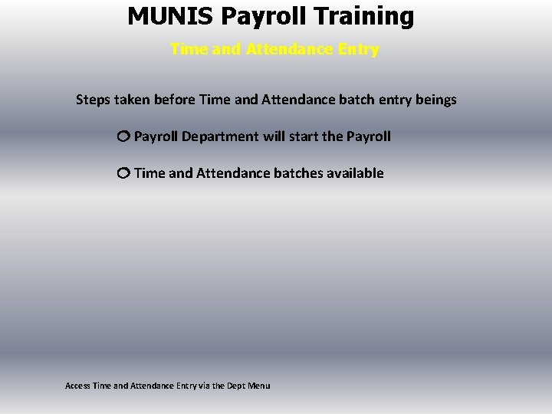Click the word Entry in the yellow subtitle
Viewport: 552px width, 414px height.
(x=358, y=50)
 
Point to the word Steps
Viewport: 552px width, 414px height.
(x=92, y=100)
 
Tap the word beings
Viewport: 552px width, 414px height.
(x=435, y=100)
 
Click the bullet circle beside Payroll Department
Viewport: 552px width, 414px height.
(x=123, y=136)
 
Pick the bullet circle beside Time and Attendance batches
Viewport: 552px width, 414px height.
(x=123, y=173)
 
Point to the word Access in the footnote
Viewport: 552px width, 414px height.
(x=77, y=385)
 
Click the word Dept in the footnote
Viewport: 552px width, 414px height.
(x=239, y=385)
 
